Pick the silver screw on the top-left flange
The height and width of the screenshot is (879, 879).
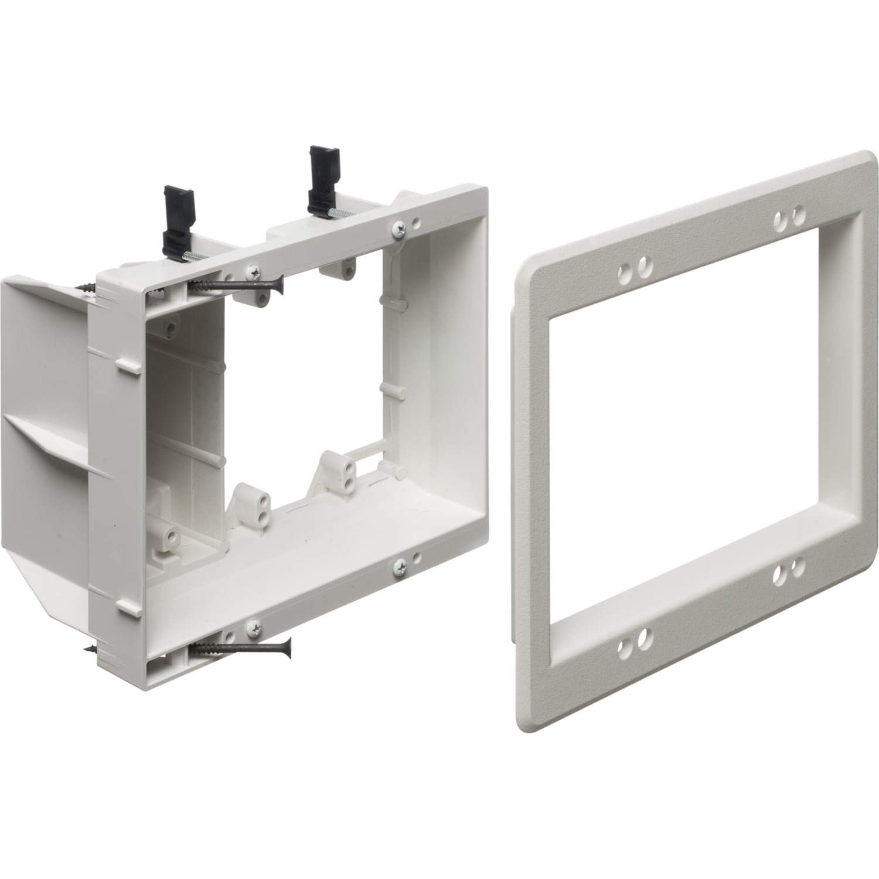point(253,271)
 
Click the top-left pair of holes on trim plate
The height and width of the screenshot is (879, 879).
point(635,270)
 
